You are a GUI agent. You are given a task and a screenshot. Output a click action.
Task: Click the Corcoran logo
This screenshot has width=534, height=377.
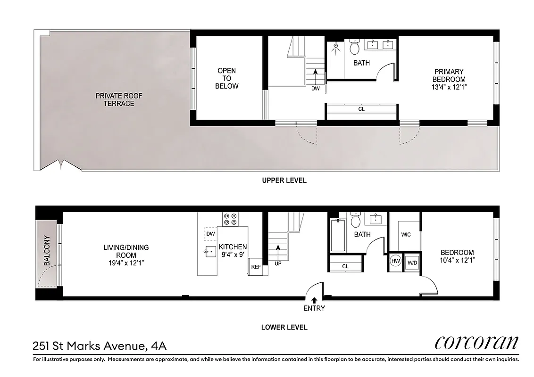coord(476,343)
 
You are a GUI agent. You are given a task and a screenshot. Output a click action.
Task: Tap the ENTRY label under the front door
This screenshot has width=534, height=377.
coord(314,309)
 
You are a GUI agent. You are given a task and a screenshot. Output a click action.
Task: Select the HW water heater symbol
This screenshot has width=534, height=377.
coord(395,262)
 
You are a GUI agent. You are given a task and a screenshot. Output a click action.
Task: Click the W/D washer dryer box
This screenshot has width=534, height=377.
coord(412,262)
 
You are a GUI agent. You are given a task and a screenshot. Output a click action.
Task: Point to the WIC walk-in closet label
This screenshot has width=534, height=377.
coord(406,235)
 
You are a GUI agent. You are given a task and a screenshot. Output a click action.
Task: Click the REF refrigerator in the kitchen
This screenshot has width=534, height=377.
coord(256,267)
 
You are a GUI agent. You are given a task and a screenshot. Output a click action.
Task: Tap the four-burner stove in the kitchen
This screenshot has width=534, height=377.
coord(230,219)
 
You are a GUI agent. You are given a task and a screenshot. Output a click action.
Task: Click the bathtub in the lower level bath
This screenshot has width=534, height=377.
coord(338,236)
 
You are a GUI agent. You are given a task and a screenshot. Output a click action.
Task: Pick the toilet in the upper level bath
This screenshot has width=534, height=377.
coord(355,47)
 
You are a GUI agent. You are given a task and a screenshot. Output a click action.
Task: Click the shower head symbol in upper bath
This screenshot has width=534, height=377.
coord(335,47)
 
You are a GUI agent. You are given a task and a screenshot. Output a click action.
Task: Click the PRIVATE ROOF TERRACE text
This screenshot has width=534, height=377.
coord(119,99)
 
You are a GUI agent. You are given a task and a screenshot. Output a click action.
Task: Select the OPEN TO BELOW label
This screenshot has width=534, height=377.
coord(227,78)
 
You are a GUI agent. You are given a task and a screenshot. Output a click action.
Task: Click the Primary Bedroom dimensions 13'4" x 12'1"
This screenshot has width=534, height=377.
coord(449,87)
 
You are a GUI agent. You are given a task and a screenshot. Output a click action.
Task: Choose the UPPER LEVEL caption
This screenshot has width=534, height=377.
coord(284,180)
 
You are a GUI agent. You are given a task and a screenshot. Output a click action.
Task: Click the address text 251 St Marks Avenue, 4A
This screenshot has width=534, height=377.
coord(100,346)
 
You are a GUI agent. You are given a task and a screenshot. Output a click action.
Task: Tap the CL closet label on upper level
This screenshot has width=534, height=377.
coord(361,109)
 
